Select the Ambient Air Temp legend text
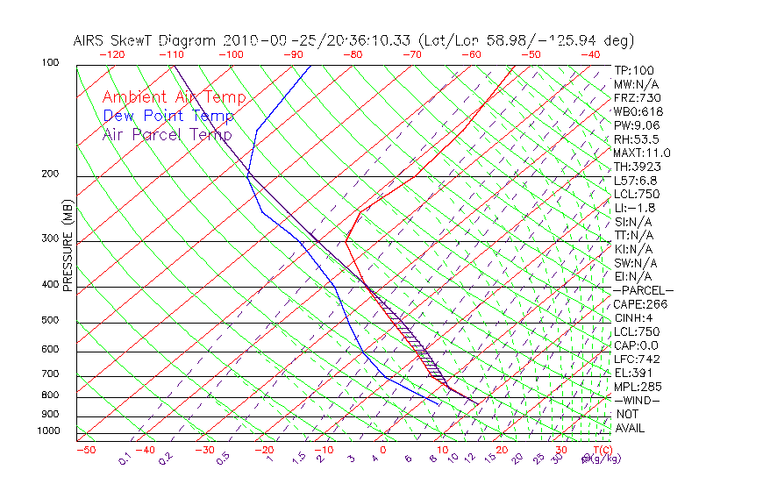[174, 97]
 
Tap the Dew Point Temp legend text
[168, 116]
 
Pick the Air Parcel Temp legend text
[167, 134]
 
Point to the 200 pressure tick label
[50, 174]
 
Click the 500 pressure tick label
[50, 321]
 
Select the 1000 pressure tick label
[47, 431]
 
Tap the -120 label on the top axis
[111, 54]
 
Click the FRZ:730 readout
[637, 97]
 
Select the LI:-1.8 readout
[635, 208]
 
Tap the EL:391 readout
[634, 373]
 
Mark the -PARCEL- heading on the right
[643, 290]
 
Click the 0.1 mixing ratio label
[125, 459]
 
